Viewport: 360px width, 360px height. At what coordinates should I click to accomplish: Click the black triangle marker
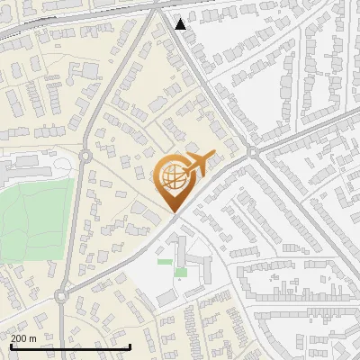(181, 24)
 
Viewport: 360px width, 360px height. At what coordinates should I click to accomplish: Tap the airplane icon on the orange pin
(199, 164)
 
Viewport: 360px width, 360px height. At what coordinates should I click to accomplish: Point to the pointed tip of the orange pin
(173, 211)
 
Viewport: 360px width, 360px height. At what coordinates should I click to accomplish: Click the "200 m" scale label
(24, 338)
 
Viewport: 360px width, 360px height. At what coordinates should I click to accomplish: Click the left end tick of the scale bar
(11, 346)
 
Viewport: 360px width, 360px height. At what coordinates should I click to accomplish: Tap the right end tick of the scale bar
(130, 346)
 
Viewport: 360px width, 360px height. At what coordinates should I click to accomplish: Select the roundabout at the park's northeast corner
(85, 155)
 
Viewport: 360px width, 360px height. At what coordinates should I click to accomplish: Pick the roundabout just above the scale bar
(61, 294)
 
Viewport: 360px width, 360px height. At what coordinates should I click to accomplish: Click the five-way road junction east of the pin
(254, 153)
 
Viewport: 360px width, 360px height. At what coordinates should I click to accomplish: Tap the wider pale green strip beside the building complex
(165, 261)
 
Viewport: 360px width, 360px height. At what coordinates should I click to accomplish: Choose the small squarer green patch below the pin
(181, 271)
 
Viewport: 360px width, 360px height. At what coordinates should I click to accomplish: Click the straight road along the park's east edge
(79, 225)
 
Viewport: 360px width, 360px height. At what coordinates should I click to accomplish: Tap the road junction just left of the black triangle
(157, 7)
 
